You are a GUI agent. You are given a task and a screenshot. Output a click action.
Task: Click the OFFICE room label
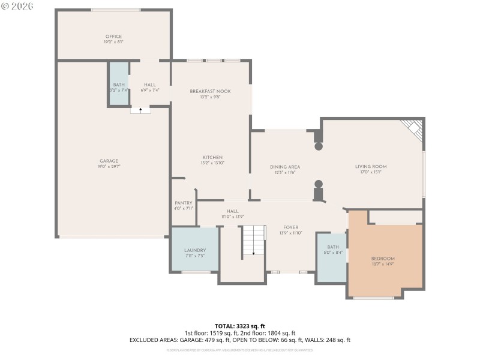pyautogui.click(x=113, y=37)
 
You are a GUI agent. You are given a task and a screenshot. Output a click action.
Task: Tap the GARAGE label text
pyautogui.click(x=109, y=161)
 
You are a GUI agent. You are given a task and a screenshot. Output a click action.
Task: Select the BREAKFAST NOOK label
pyautogui.click(x=210, y=91)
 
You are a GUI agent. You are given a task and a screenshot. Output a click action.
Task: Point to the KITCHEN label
pyautogui.click(x=212, y=157)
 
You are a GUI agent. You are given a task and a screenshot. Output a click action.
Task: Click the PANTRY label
pyautogui.click(x=183, y=203)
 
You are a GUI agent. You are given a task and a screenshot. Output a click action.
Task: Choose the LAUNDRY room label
pyautogui.click(x=195, y=250)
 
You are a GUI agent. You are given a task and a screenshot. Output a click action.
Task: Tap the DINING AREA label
pyautogui.click(x=285, y=167)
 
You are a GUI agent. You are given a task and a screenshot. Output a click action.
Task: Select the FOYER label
pyautogui.click(x=291, y=227)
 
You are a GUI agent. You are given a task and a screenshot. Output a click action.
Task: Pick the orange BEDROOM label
pyautogui.click(x=383, y=259)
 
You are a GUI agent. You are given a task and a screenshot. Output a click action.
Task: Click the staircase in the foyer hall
pyautogui.click(x=253, y=240)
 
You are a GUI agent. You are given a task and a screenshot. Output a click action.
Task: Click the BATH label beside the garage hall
pyautogui.click(x=118, y=85)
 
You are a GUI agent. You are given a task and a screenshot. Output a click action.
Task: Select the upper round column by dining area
pyautogui.click(x=319, y=146)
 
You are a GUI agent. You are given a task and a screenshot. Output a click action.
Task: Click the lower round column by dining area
pyautogui.click(x=319, y=184)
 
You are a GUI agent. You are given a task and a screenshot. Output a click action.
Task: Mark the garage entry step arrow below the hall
pyautogui.click(x=140, y=110)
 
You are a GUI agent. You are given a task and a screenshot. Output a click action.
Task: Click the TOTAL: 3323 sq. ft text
pyautogui.click(x=239, y=326)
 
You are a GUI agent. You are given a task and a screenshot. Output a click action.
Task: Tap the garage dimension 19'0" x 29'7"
pyautogui.click(x=109, y=167)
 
